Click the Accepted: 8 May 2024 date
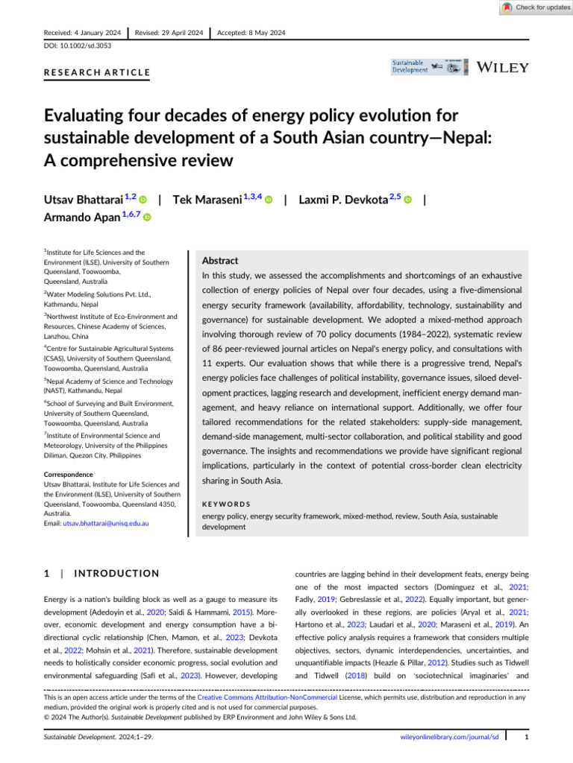coord(251,33)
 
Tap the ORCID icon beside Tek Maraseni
coord(269,201)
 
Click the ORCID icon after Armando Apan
coord(147,217)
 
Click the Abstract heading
coord(220,262)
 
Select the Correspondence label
coord(68,474)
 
